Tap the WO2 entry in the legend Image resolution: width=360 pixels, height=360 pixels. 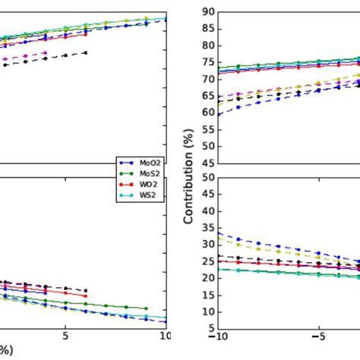tap(146, 185)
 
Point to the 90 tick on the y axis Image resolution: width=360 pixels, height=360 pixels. tap(207, 11)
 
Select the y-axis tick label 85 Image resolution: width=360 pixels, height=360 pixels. tap(207, 29)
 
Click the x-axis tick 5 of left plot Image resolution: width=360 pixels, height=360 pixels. tap(66, 334)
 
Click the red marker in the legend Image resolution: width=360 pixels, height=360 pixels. tap(126, 185)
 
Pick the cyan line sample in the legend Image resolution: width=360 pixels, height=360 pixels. tap(126, 195)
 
